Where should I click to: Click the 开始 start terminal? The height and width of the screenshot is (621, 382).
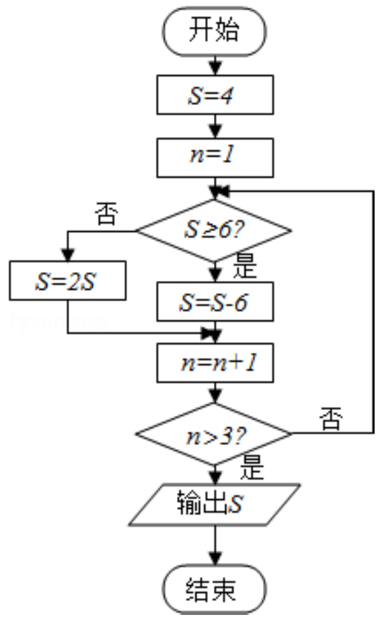click(214, 31)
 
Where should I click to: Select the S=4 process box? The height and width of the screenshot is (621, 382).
click(215, 95)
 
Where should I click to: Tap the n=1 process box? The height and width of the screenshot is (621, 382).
click(215, 158)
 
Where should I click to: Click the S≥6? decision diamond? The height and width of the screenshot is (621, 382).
click(214, 231)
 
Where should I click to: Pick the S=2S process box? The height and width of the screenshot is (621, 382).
click(68, 280)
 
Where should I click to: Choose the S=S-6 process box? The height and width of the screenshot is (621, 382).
click(215, 301)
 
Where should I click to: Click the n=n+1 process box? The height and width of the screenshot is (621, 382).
click(215, 363)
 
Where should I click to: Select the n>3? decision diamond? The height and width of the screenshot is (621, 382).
click(214, 434)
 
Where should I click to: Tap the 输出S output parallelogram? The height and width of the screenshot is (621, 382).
click(214, 505)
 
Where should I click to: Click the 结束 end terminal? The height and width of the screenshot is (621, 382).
click(214, 589)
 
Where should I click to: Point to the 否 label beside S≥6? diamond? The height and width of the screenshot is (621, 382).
click(106, 214)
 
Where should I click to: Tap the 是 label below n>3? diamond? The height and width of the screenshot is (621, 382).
click(252, 468)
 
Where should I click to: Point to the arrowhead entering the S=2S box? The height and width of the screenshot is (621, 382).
click(68, 255)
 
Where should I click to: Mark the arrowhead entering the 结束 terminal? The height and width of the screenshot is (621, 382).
click(215, 558)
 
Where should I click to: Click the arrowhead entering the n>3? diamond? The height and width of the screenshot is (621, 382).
click(215, 397)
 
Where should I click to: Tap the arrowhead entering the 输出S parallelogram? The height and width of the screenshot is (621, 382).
click(215, 478)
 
